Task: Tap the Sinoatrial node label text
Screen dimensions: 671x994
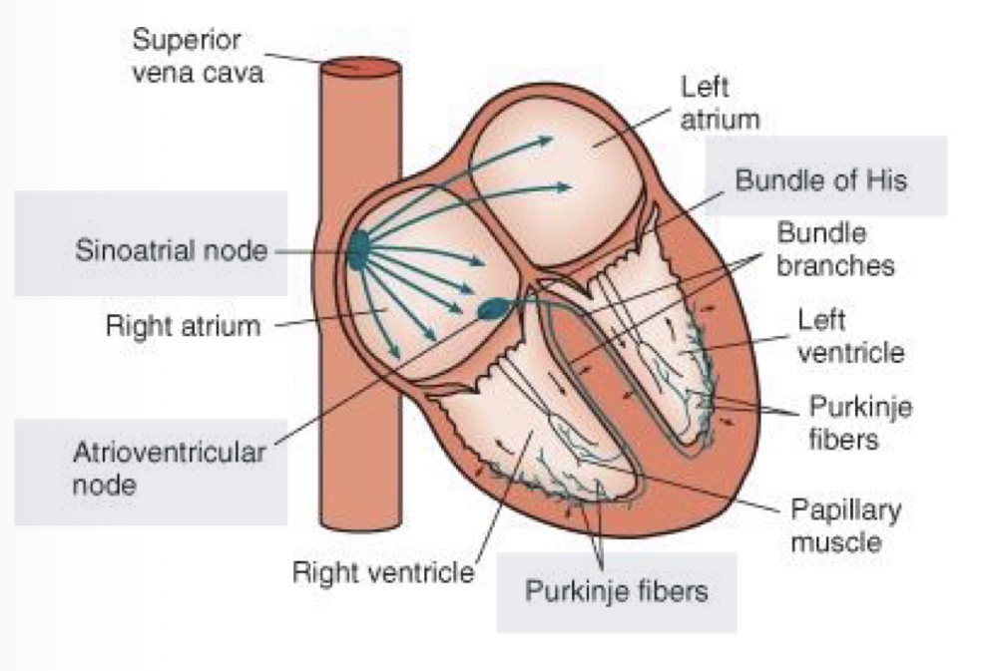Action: point(172,250)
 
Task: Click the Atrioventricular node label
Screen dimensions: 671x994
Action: point(170,469)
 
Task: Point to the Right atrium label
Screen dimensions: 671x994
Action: point(183,326)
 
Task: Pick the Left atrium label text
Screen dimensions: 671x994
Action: point(720,103)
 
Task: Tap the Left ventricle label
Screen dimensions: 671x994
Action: point(850,336)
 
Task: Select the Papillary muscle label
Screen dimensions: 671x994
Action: point(844,526)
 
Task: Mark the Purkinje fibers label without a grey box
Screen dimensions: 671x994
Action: point(859,423)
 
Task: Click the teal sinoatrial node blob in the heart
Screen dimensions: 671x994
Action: point(357,249)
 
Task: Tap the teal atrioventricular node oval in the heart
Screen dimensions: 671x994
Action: point(493,310)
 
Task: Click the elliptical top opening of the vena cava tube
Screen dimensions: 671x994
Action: point(360,67)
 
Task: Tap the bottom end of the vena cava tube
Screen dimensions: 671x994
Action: point(360,524)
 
